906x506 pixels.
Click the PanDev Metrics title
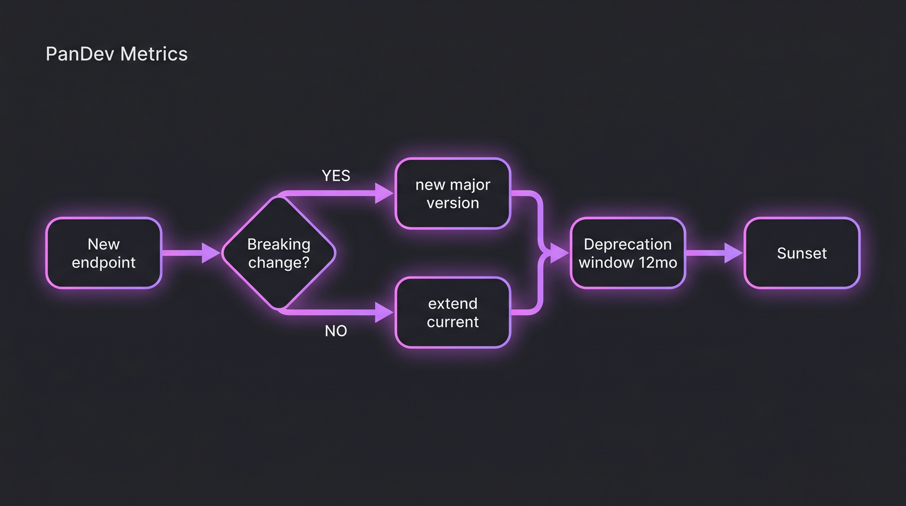tap(116, 54)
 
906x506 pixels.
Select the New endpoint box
tap(104, 253)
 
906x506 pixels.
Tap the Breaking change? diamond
tap(279, 253)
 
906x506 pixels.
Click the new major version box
tap(452, 194)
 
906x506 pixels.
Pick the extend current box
tap(452, 312)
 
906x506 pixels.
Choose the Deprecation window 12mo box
tap(627, 253)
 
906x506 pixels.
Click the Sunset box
tap(801, 253)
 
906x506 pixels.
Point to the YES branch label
tap(336, 176)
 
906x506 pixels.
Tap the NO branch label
tap(336, 331)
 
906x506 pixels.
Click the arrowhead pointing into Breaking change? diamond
tap(211, 253)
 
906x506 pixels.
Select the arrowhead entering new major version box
tap(384, 193)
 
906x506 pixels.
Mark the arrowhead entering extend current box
tap(384, 312)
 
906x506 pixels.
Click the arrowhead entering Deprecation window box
tap(559, 253)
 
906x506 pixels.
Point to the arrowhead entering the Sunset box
tap(733, 253)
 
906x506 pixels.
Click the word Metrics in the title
tap(153, 54)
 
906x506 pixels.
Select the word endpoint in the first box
tap(104, 262)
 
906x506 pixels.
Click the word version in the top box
tap(452, 203)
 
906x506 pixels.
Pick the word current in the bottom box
tap(452, 322)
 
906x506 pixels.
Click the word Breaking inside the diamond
tap(279, 244)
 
